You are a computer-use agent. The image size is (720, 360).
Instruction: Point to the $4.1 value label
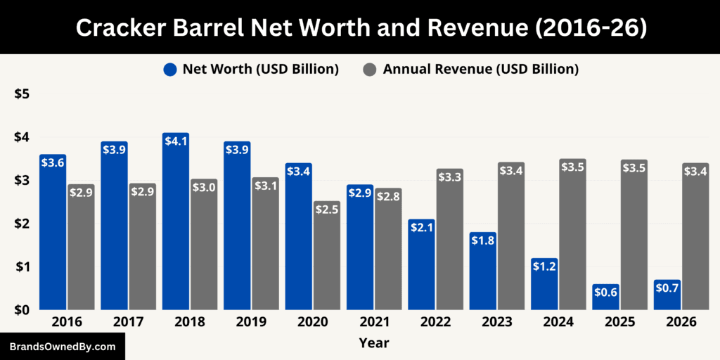(176, 141)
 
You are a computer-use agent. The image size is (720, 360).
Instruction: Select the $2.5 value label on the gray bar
(326, 210)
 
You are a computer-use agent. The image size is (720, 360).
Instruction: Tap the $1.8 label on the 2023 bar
(483, 240)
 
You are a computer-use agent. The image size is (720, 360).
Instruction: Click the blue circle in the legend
(170, 69)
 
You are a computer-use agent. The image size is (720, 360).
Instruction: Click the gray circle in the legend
(371, 69)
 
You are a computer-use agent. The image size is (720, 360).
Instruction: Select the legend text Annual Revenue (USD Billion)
(481, 69)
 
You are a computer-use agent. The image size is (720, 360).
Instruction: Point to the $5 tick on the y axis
(22, 94)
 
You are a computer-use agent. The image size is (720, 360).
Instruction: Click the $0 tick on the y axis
(22, 310)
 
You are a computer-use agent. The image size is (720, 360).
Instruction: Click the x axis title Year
(373, 343)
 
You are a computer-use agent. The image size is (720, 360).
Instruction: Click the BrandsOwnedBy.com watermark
(63, 347)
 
